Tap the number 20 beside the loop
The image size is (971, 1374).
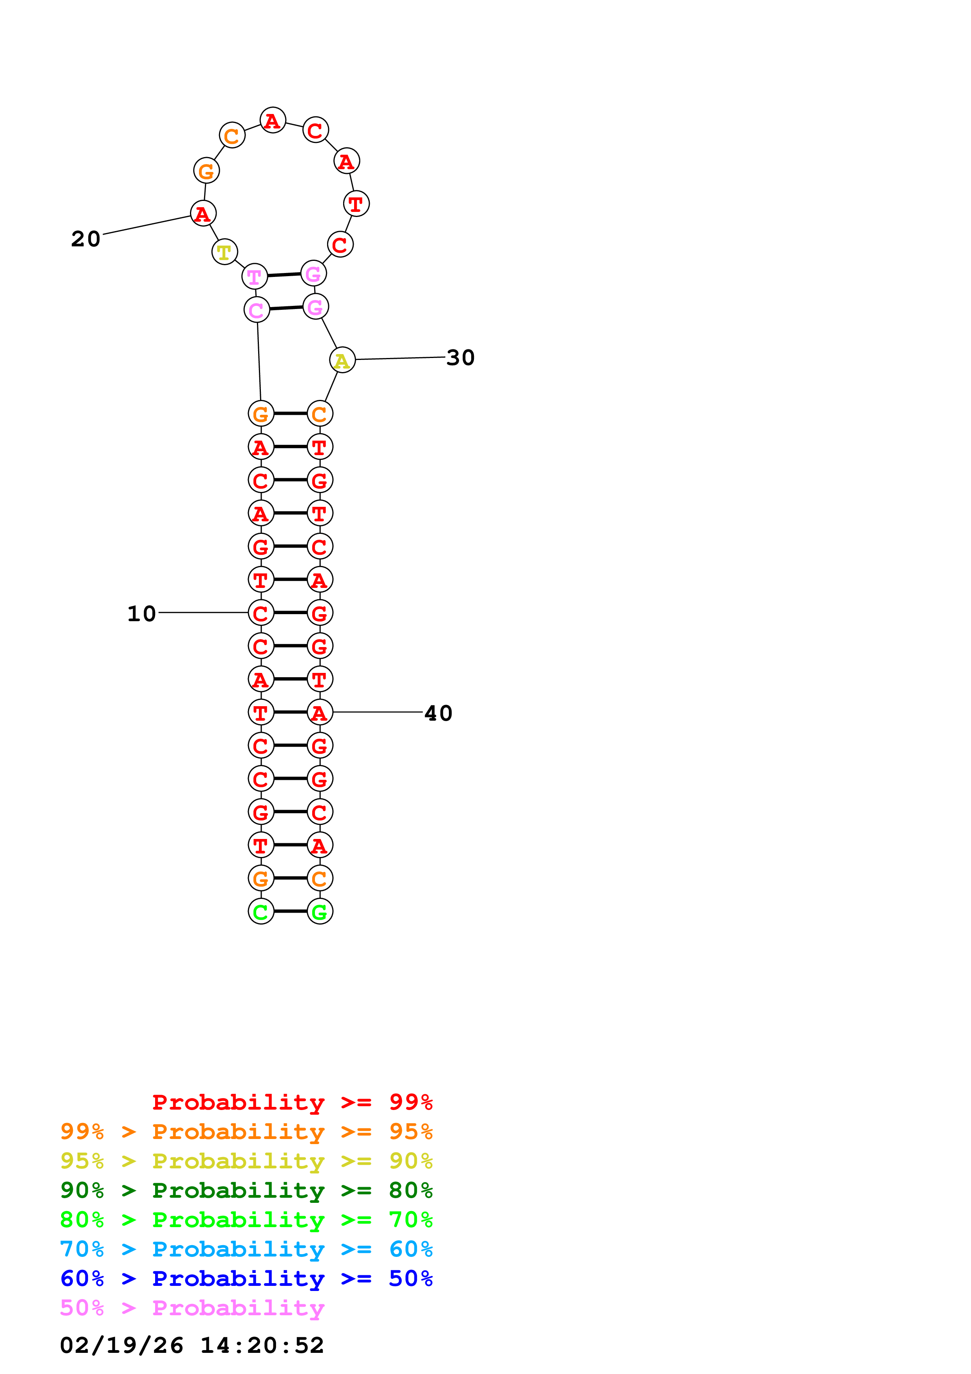(x=85, y=239)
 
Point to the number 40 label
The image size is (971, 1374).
(x=438, y=713)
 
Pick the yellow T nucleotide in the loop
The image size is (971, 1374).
(x=224, y=251)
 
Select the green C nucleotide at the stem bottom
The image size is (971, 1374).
(x=261, y=911)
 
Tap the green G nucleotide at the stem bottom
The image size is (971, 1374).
(x=320, y=911)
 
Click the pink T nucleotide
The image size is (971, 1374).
(x=254, y=277)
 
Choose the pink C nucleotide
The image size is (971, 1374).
(x=257, y=309)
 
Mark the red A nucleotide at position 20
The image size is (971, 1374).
(x=203, y=213)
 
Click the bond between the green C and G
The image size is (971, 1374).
(x=290, y=911)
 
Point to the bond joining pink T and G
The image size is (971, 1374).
(x=284, y=275)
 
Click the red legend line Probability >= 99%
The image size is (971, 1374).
(x=292, y=1102)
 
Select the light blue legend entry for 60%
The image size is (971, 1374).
(x=246, y=1249)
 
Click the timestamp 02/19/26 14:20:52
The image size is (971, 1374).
(x=192, y=1345)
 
